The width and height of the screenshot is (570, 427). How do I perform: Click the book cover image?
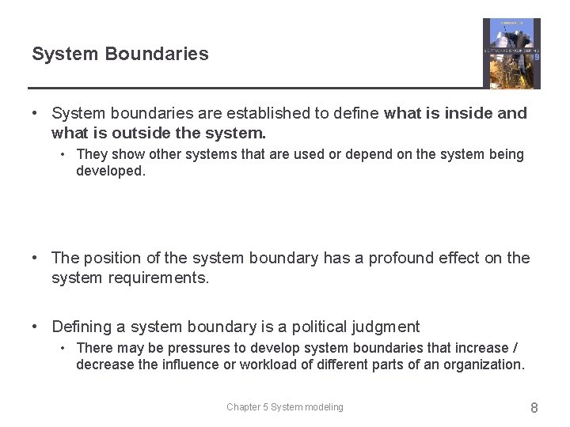pos(511,54)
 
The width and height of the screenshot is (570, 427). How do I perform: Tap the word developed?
pos(111,171)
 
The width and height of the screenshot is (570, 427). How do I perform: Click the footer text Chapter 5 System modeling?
pos(285,407)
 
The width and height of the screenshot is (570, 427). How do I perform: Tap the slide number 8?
pos(534,408)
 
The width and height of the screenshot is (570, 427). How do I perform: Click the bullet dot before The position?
pos(36,258)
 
